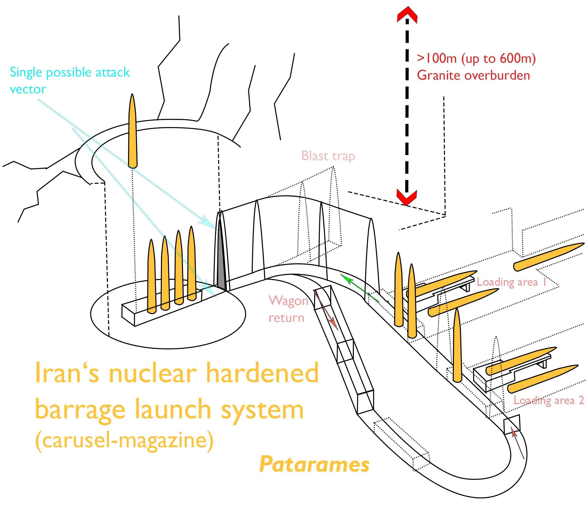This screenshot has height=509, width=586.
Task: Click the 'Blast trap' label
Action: coord(328,156)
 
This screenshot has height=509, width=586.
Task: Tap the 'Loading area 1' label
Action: coord(511,282)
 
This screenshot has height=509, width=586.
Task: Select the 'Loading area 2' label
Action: coord(549,400)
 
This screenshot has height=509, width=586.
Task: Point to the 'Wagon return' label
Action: coord(288,309)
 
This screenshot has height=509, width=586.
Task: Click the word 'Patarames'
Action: coord(314,465)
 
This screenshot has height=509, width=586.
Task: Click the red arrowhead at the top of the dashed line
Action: coord(407,15)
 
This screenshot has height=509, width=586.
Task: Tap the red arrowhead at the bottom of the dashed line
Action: coord(407,197)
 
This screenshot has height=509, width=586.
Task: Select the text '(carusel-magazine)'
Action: coord(124,440)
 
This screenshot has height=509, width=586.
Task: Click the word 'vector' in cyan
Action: coord(28,89)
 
